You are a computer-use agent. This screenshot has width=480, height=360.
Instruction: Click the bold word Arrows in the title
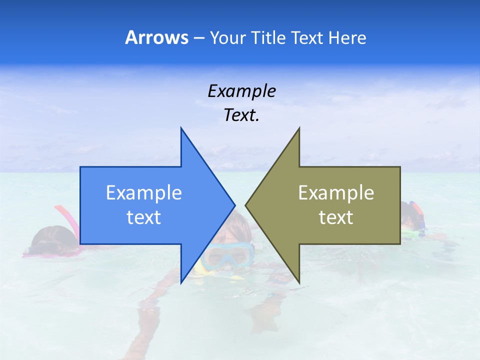(x=156, y=37)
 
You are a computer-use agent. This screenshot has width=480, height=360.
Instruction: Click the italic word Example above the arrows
(x=241, y=91)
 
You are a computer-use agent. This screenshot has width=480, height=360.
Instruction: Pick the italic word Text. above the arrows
(x=241, y=115)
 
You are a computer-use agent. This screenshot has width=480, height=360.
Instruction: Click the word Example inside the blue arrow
(x=144, y=192)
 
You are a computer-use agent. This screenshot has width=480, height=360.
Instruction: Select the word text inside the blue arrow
(x=144, y=217)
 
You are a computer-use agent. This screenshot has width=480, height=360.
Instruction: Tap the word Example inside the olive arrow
(x=336, y=192)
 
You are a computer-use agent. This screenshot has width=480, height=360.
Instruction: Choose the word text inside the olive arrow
(x=336, y=217)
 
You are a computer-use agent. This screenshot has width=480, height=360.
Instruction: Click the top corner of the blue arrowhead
(x=181, y=129)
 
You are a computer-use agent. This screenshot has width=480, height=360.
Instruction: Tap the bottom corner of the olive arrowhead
(x=299, y=283)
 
